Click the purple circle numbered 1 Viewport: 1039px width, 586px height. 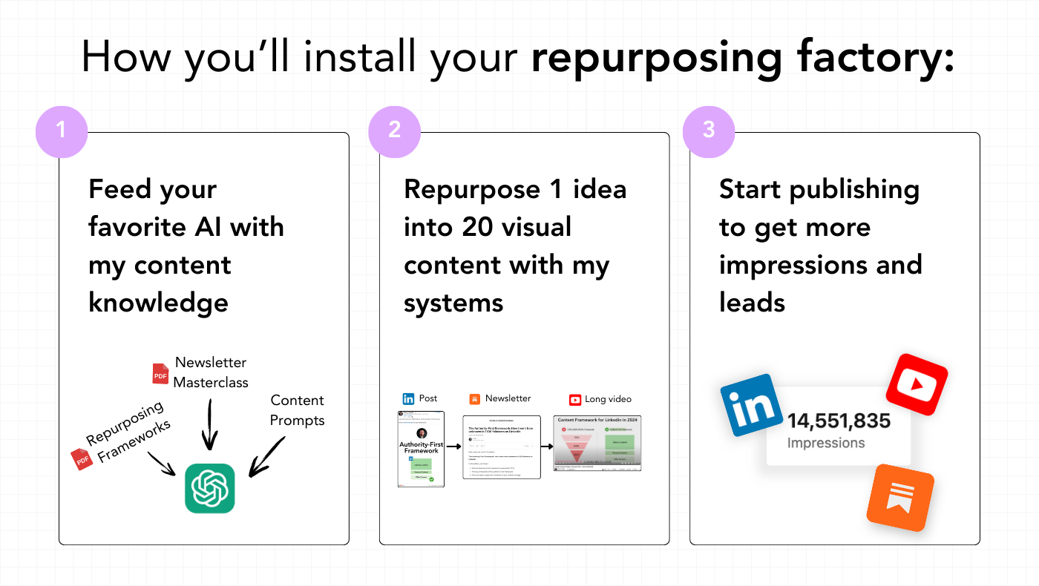click(x=62, y=131)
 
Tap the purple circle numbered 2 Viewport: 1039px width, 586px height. click(x=394, y=131)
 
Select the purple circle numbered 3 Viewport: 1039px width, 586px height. click(x=709, y=131)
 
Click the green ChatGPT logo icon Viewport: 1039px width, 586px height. click(x=209, y=488)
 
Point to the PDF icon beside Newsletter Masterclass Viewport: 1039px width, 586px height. click(x=160, y=373)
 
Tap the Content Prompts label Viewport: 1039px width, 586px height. click(x=297, y=410)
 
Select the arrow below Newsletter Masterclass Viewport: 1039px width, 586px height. click(x=210, y=424)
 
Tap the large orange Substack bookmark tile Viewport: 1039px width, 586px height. click(x=900, y=498)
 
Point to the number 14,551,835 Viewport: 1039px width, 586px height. click(x=839, y=421)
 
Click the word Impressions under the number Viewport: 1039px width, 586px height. click(x=826, y=443)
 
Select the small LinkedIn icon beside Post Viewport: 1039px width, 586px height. click(x=408, y=399)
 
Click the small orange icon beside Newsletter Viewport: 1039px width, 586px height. click(x=475, y=399)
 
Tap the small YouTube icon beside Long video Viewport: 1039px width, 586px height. click(x=575, y=400)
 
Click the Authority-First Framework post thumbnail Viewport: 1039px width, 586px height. click(x=422, y=448)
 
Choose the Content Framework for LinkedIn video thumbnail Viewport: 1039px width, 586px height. click(x=597, y=443)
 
